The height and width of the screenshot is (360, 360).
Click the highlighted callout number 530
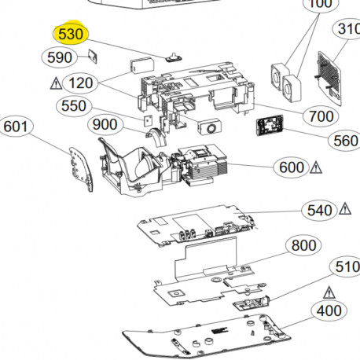(71, 34)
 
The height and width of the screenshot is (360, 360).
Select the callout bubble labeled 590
(60, 57)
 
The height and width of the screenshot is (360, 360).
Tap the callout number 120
(81, 83)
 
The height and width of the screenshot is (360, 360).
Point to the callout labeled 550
(74, 106)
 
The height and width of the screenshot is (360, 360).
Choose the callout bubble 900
(105, 124)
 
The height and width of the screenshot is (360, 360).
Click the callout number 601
(16, 127)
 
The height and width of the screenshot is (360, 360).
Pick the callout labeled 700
(321, 116)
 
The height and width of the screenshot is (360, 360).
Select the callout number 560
(345, 141)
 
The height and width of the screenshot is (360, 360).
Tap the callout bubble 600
(292, 167)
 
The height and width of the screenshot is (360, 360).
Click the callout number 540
(320, 211)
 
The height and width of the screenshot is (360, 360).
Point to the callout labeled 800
(303, 245)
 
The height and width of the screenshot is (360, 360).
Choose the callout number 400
(329, 311)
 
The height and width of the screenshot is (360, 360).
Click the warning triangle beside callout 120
(56, 83)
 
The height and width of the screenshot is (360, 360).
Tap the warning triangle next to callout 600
(316, 167)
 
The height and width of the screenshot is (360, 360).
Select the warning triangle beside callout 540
(345, 209)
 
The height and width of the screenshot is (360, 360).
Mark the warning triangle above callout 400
(329, 292)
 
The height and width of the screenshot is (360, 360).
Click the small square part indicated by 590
(93, 57)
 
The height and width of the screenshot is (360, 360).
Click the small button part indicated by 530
(174, 57)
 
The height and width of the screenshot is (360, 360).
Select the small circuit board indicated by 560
(270, 126)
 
